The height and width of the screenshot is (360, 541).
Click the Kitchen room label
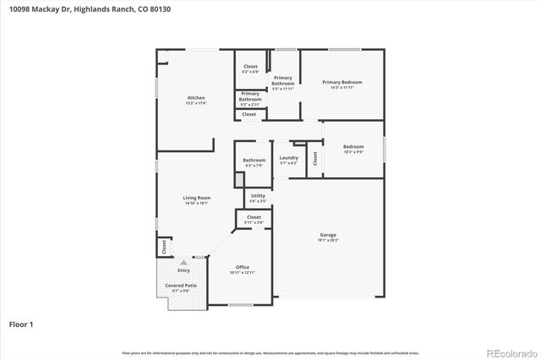196,98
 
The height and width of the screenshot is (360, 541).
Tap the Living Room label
196,198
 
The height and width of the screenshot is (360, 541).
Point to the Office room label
242,267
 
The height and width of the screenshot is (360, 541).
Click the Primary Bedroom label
342,82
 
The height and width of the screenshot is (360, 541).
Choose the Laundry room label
288,157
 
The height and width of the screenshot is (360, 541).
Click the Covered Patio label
181,286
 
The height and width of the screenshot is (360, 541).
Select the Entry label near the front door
183,270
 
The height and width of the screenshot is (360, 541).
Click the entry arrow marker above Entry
183,262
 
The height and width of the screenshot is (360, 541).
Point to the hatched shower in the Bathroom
239,179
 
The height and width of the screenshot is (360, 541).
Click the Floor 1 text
21,324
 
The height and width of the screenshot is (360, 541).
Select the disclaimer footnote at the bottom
270,352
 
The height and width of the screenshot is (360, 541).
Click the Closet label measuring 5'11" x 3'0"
254,217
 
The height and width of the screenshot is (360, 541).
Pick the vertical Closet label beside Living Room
164,247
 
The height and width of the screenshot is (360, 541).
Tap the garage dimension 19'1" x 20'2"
328,240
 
